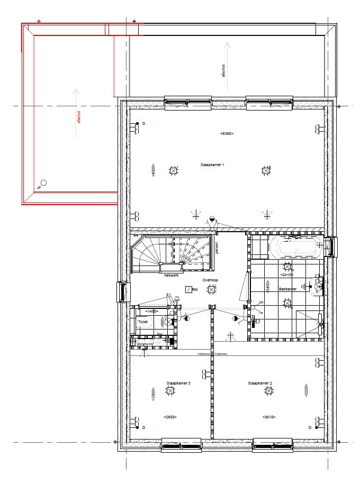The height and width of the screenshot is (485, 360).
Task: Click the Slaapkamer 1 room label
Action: click(x=212, y=165)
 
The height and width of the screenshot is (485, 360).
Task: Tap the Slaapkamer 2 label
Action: click(x=259, y=382)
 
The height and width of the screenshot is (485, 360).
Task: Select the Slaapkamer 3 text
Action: click(x=178, y=382)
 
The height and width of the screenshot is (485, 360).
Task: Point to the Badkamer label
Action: click(x=287, y=289)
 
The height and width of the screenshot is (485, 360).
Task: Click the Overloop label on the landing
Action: click(x=210, y=280)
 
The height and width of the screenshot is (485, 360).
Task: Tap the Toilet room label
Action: click(x=143, y=321)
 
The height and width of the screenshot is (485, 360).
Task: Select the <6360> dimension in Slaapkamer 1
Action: click(x=227, y=134)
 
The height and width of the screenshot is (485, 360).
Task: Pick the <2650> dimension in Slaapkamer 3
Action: click(x=170, y=417)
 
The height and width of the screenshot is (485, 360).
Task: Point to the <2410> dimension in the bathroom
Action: click(x=286, y=274)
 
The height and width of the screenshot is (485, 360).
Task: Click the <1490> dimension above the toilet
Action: click(x=152, y=312)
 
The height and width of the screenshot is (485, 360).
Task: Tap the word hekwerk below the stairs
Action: click(x=172, y=275)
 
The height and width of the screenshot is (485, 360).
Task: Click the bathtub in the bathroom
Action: click(x=295, y=246)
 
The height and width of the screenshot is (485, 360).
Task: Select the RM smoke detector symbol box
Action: click(x=189, y=289)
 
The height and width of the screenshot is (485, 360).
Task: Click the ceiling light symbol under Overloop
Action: click(x=212, y=289)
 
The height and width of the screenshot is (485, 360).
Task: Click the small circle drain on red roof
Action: click(x=43, y=183)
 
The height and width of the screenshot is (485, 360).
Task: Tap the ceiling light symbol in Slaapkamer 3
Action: click(x=170, y=391)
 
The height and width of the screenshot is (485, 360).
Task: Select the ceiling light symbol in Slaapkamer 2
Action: click(x=269, y=391)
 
